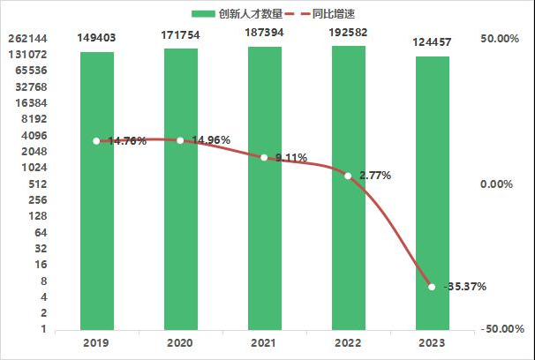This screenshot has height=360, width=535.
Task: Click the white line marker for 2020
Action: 180,140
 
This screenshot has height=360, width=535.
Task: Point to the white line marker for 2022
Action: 348,176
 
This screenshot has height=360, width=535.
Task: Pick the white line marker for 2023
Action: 432,286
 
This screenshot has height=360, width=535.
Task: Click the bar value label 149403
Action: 96,38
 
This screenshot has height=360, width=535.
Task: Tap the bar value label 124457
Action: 432,42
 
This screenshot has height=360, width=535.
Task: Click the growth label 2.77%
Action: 374,176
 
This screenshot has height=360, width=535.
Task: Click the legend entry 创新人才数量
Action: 244,13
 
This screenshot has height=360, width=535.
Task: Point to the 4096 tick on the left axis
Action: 34,135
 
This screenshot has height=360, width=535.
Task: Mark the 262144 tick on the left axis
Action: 26,39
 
